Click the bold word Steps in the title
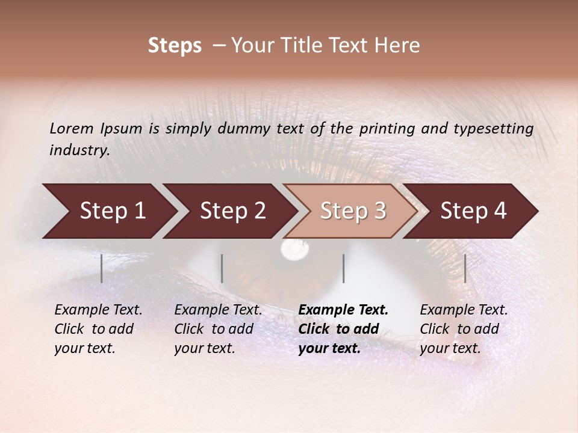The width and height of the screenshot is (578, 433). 175,46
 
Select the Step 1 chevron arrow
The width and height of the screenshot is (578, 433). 108,211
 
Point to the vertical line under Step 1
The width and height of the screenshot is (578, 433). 102,268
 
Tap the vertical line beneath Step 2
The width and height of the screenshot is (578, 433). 222,268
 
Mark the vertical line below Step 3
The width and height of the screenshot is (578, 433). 344,268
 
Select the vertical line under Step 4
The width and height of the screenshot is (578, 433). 465,268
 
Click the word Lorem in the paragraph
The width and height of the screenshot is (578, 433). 72,129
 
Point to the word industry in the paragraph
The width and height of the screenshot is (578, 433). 79,150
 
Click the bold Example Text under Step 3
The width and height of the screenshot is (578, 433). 343,310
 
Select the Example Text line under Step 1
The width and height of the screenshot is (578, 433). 98,310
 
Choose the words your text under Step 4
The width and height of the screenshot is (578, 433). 450,348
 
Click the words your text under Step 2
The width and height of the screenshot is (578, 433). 204,348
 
